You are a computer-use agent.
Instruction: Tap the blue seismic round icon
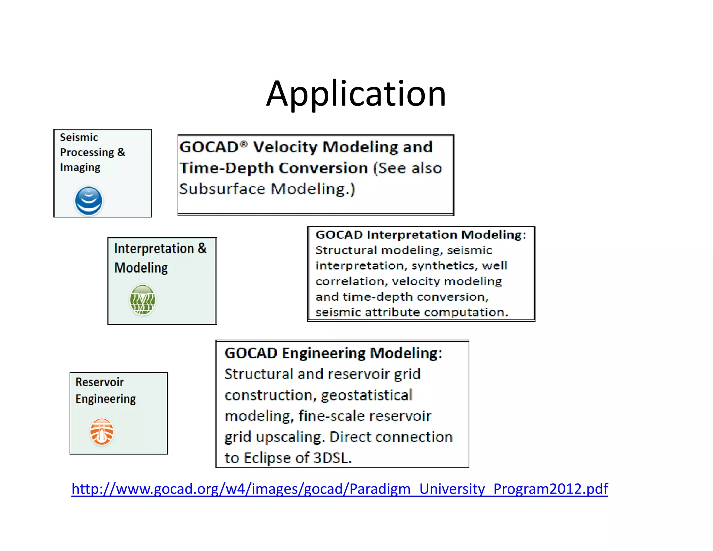coord(89,201)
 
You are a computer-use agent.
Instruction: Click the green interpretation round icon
coord(142,300)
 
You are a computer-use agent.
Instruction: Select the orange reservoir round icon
coord(102,432)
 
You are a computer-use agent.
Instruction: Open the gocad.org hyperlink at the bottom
coord(339,489)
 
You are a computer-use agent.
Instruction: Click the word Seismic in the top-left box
coord(79,137)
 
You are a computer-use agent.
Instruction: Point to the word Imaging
coord(80,168)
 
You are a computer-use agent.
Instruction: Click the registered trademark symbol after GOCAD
coord(244,144)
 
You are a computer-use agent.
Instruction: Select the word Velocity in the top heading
coord(285,147)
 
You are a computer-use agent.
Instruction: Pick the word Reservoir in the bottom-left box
coord(100,382)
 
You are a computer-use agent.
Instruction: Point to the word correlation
coord(352,281)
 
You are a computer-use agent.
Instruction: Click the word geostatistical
coord(366,395)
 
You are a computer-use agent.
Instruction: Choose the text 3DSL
coord(332,458)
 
